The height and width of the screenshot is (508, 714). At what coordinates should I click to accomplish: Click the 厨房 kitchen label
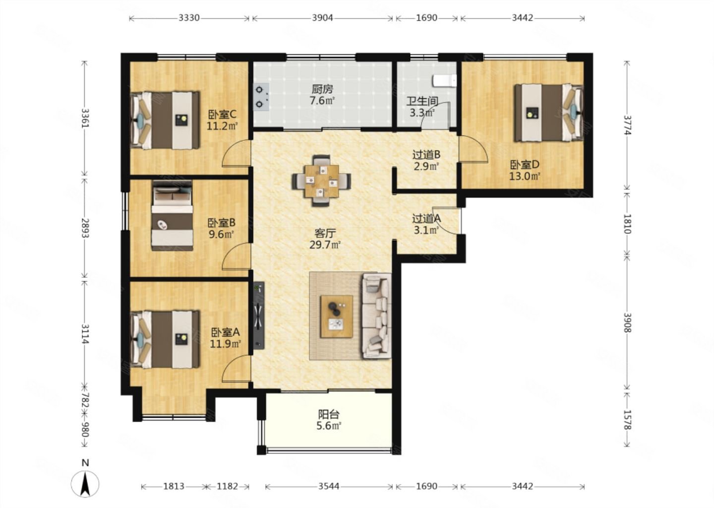pos(322,89)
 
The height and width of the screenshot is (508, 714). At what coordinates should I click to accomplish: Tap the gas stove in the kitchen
pos(261,97)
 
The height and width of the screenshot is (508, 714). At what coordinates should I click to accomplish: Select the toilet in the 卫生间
pos(444,80)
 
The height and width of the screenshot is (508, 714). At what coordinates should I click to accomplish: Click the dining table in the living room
pos(321,181)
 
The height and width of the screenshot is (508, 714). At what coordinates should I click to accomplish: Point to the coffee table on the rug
pos(337,317)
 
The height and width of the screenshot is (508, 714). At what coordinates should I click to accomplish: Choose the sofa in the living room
pos(376,316)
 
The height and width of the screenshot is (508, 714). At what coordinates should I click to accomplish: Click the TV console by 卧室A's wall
pos(259,316)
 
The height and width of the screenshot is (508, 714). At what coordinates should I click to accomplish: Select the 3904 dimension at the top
pos(322,18)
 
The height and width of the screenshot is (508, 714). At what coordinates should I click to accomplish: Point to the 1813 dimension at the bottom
pos(174,486)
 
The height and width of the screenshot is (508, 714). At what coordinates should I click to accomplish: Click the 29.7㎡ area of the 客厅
pos(325,245)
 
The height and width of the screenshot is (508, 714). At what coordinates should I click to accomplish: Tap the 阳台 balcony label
pos(329,415)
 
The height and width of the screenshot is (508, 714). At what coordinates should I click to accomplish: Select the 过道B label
pos(426,155)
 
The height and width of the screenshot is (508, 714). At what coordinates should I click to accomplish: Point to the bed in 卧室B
pos(172,216)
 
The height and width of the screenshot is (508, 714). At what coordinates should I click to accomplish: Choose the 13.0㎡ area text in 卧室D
pos(525,176)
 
